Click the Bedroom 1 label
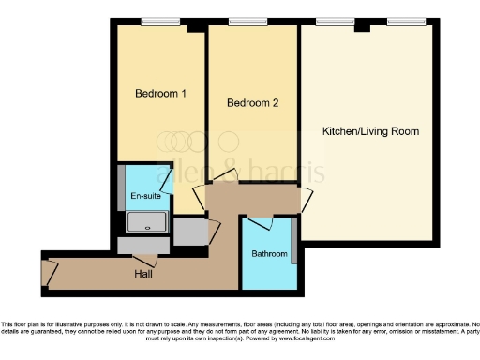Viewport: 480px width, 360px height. tap(160, 94)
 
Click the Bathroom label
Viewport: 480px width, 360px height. tap(269, 254)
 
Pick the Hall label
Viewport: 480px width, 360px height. tap(143, 275)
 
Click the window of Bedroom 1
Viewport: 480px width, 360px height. tap(159, 22)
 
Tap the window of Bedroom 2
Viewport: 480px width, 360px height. tap(247, 22)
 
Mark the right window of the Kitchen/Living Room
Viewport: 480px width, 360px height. tap(404, 22)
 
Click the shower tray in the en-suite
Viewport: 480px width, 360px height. tap(146, 222)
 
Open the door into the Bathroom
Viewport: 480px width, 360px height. tap(260, 223)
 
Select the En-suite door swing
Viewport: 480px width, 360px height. tap(165, 178)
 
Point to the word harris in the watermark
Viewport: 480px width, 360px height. tap(291, 172)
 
